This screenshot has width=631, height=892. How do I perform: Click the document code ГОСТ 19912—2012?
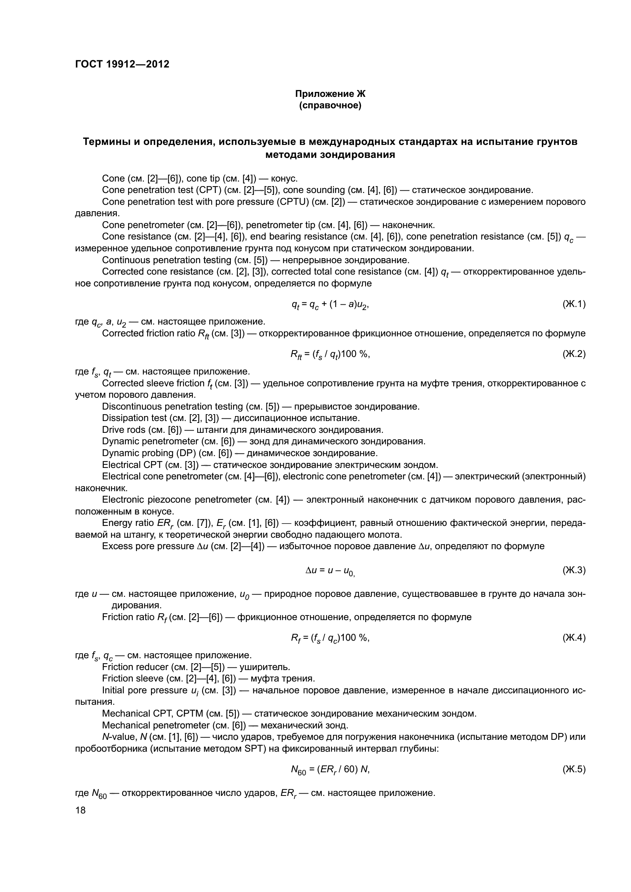(x=122, y=64)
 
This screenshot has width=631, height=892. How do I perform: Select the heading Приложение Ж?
(x=330, y=94)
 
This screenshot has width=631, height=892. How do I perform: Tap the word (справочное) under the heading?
(x=330, y=106)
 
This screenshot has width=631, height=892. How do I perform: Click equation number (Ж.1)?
(x=573, y=304)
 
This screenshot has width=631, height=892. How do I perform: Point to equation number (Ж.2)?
(x=573, y=354)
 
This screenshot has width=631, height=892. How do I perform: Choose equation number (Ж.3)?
(x=573, y=570)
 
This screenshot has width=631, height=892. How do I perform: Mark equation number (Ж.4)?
(x=573, y=638)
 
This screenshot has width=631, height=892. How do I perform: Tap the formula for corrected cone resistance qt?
(x=330, y=305)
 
